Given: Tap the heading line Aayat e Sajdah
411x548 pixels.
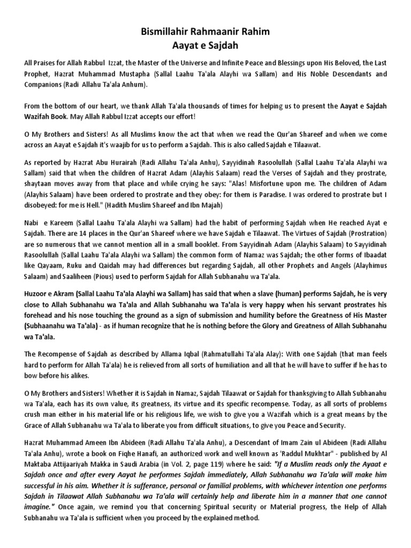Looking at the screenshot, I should pos(205,45).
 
